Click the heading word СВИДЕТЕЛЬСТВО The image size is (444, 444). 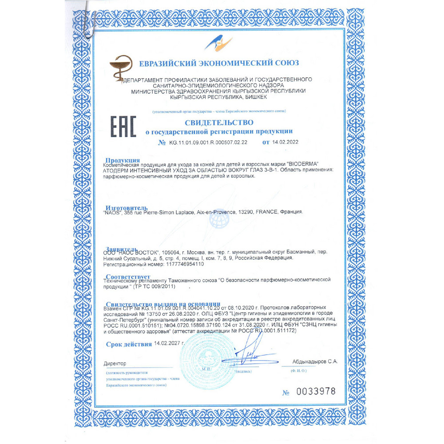(x=219, y=122)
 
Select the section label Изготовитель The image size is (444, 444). (x=127, y=208)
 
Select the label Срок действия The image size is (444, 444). (x=129, y=344)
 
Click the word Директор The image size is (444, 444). (x=115, y=363)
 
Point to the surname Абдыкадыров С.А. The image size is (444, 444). (x=315, y=362)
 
